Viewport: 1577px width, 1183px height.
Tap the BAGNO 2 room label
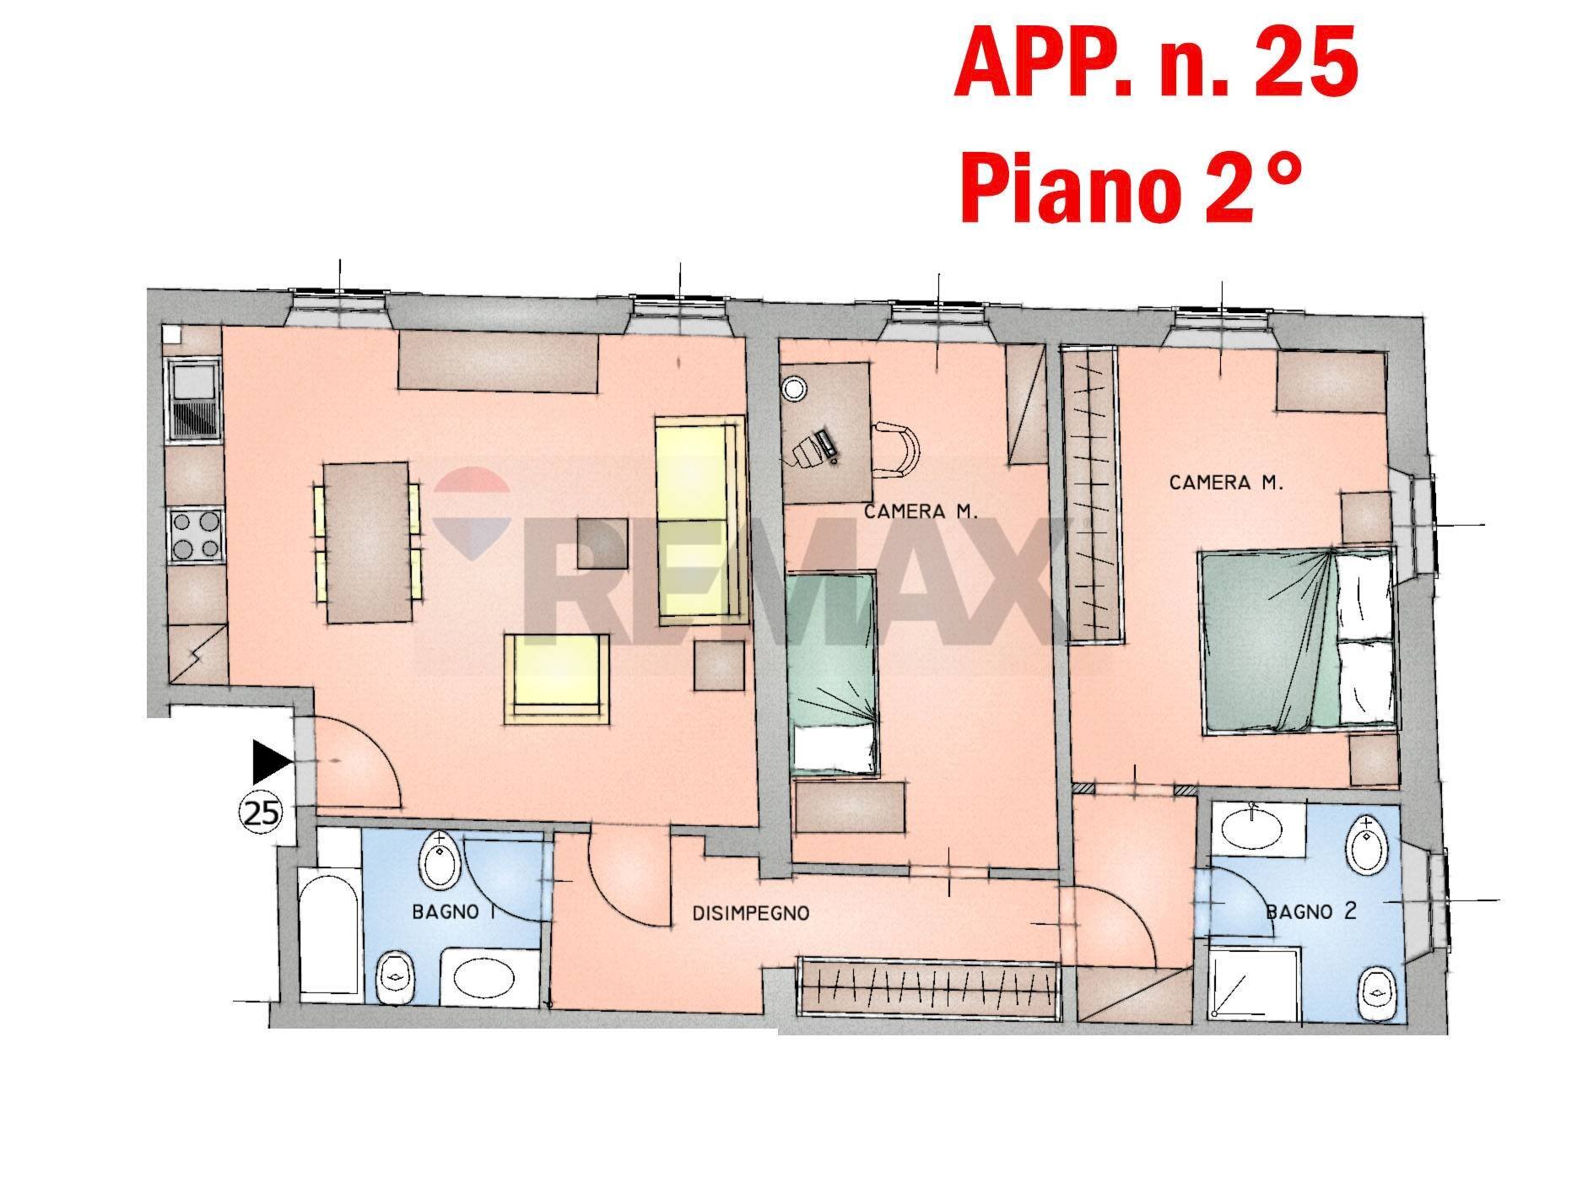[1312, 911]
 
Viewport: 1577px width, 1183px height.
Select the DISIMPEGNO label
[751, 913]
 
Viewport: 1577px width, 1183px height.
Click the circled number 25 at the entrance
[262, 813]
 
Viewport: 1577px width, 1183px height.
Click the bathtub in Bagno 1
[330, 937]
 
